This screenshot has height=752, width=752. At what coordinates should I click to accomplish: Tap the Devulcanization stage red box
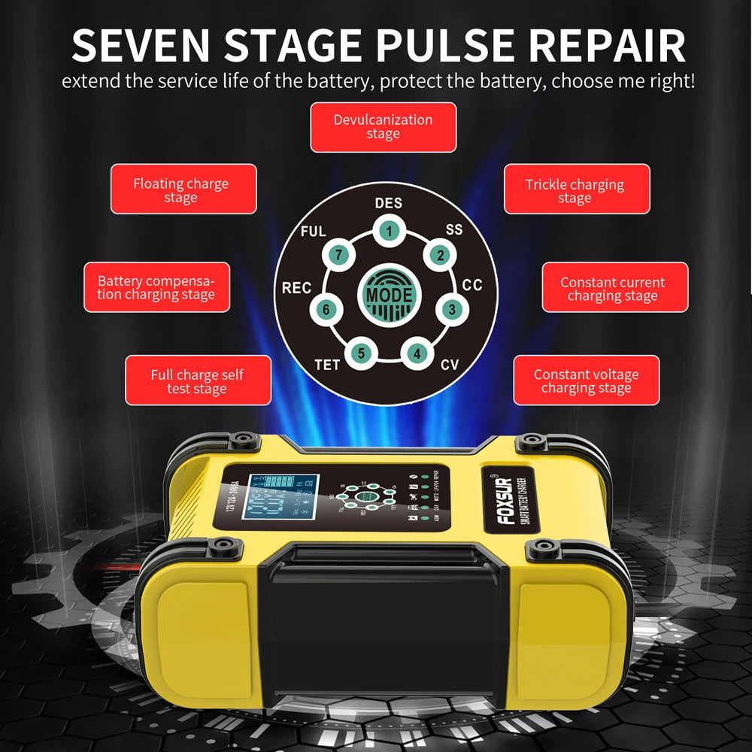tap(383, 127)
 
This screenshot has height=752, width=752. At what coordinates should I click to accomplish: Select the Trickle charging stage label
tap(575, 191)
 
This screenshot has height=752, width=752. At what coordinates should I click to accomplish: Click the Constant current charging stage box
tap(614, 289)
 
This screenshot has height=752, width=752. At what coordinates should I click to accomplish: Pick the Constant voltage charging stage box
tap(586, 381)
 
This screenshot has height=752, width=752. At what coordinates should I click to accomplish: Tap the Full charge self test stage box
tap(197, 381)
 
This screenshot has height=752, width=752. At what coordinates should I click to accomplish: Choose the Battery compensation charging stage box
tap(156, 288)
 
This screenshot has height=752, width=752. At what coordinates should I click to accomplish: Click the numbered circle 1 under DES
tap(388, 231)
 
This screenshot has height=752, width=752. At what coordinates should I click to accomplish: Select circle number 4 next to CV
tap(417, 353)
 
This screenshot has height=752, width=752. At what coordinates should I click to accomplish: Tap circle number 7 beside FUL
tap(339, 256)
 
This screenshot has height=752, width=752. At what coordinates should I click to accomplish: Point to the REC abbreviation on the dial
tap(296, 288)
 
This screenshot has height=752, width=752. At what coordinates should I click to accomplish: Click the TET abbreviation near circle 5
tap(327, 365)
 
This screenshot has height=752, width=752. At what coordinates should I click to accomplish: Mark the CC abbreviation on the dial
tap(472, 285)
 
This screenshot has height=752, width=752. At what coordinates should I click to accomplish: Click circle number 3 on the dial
tap(450, 309)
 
